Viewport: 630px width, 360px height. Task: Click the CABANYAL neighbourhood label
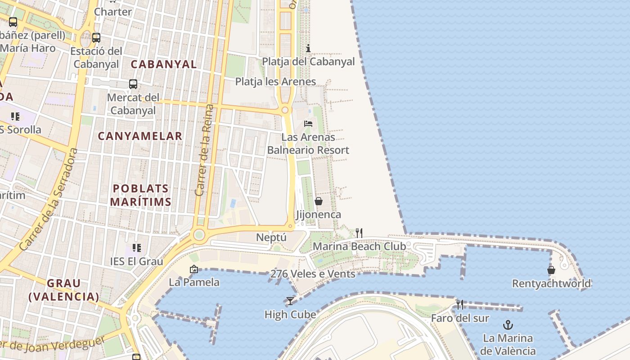click(164, 64)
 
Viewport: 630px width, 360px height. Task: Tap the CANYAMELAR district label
click(140, 136)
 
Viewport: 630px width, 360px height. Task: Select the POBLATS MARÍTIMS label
click(141, 195)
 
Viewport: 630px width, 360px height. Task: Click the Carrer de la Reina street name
click(204, 150)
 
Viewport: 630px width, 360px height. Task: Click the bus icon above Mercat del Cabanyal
click(133, 84)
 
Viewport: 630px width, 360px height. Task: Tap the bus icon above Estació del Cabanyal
click(96, 38)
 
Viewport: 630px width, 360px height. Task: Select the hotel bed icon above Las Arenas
click(308, 123)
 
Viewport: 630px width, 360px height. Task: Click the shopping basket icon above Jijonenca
click(319, 201)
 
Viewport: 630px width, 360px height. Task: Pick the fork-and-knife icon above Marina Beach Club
click(359, 233)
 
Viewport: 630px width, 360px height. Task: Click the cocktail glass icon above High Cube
click(290, 301)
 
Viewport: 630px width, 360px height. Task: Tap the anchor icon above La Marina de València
click(508, 324)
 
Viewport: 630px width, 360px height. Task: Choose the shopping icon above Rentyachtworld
click(551, 270)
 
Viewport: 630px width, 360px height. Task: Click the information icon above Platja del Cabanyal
click(308, 48)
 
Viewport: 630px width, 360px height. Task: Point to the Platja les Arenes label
click(275, 81)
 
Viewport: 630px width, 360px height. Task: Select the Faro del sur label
click(460, 318)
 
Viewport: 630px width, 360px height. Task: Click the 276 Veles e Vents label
click(313, 274)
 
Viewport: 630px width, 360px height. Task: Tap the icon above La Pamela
click(194, 270)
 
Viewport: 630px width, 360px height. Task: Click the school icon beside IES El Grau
click(137, 247)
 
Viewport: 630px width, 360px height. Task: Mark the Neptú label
click(271, 237)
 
